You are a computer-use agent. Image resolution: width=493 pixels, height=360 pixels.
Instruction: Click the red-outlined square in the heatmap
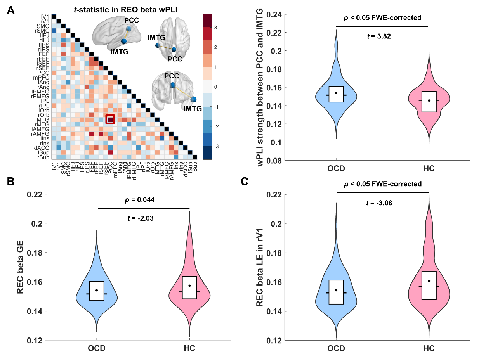click(110, 119)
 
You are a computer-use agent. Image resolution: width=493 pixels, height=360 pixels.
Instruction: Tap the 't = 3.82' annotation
click(378, 36)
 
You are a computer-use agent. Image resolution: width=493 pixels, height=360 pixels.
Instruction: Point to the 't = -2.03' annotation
click(141, 218)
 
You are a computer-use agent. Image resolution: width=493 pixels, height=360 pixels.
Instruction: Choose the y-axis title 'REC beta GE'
click(21, 267)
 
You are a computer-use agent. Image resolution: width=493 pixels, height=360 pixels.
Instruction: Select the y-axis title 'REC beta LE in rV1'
click(259, 267)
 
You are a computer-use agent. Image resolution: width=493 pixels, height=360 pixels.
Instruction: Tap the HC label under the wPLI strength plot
click(429, 169)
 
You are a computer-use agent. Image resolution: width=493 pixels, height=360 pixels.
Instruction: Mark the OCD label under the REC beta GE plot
click(97, 348)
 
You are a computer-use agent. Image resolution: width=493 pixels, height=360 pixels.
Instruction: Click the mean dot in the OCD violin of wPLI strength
click(336, 93)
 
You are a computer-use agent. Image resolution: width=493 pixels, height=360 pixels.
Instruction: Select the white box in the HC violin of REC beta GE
click(189, 287)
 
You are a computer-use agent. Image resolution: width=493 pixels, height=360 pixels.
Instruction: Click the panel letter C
click(245, 182)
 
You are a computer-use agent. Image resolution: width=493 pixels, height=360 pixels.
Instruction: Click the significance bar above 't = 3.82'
click(382, 26)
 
